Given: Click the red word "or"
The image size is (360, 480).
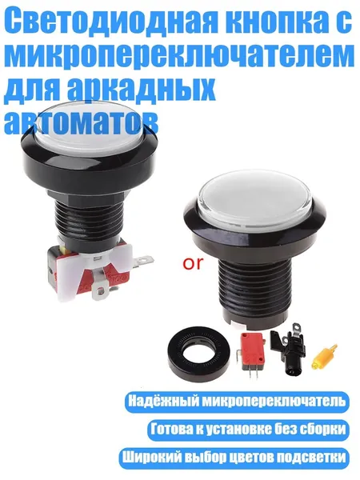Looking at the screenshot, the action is (193, 263).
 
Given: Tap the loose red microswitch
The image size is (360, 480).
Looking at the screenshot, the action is (252, 353).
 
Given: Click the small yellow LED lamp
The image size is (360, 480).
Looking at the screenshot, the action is (325, 358).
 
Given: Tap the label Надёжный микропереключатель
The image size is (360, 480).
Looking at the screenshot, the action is (237, 401).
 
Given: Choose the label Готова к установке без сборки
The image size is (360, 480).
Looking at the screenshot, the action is (248, 429).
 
